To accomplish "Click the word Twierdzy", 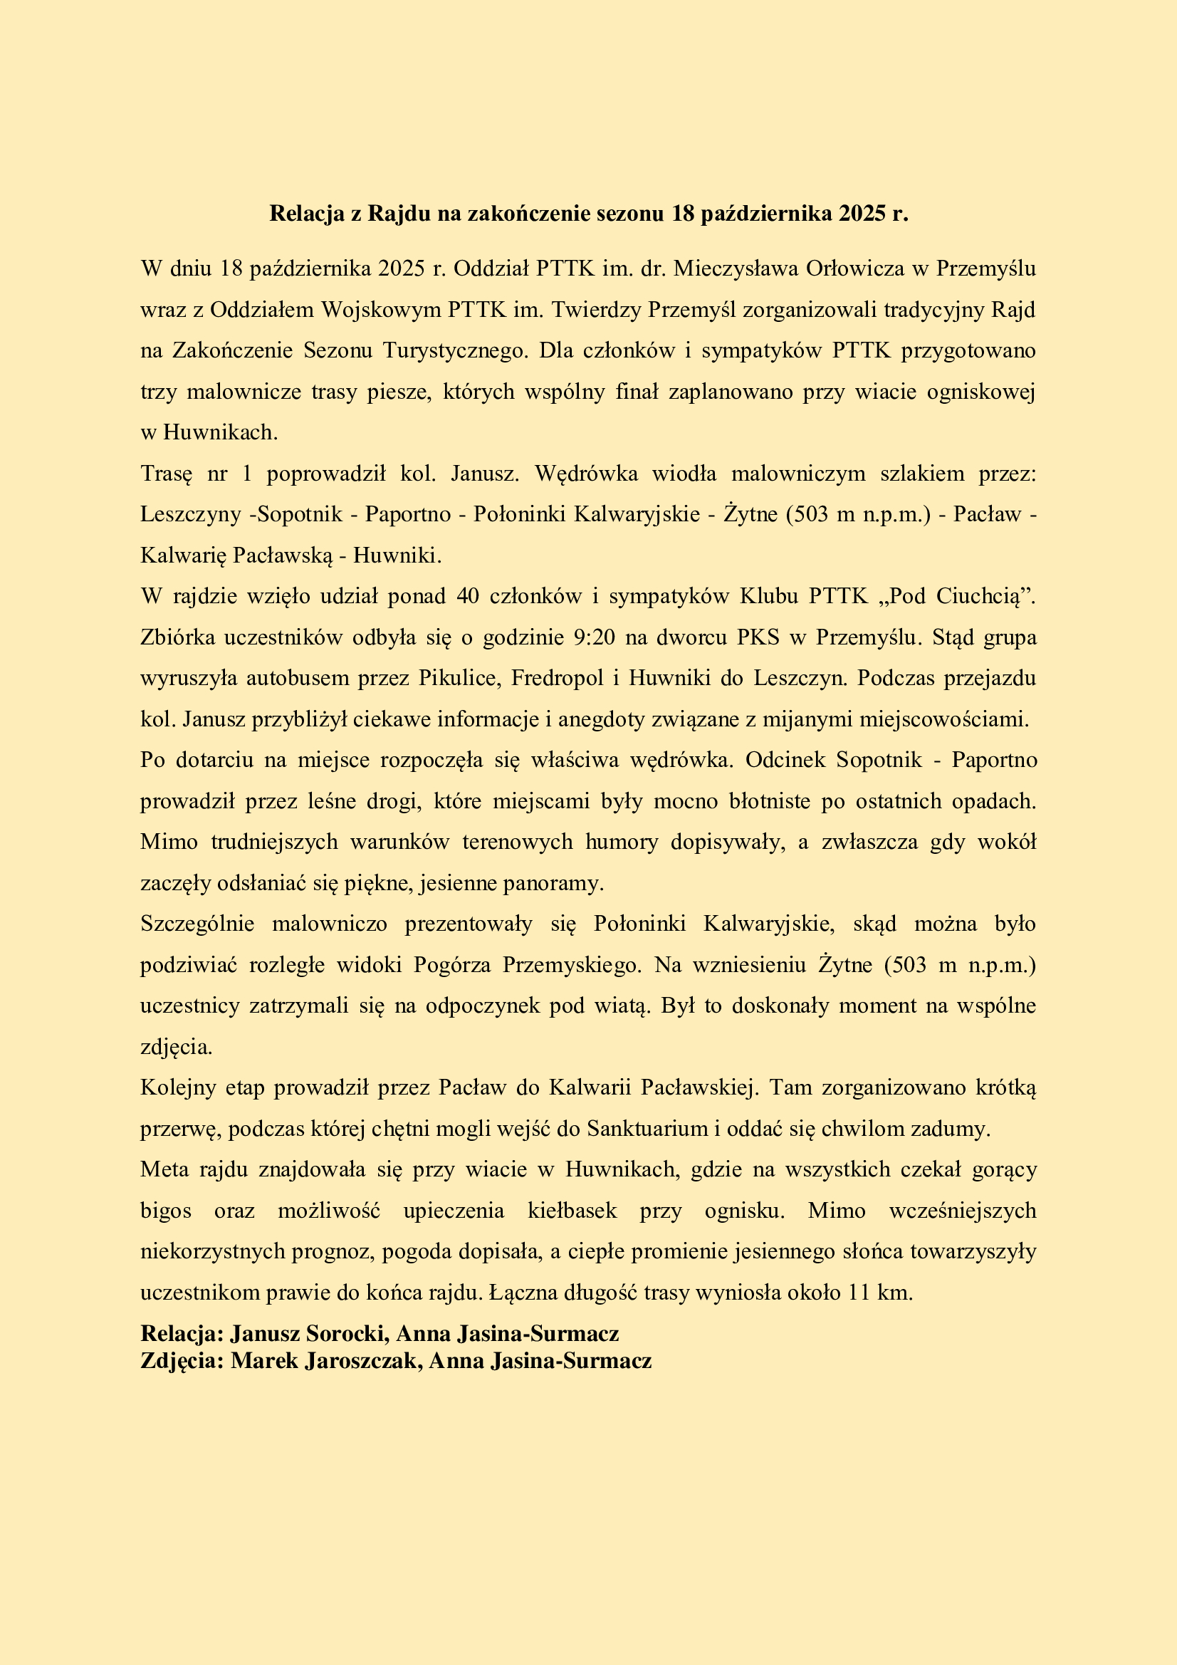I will pos(597,310).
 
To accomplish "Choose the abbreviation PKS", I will pos(758,637).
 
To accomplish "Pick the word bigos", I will pos(166,1211).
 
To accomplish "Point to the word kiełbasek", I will pos(572,1211).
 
